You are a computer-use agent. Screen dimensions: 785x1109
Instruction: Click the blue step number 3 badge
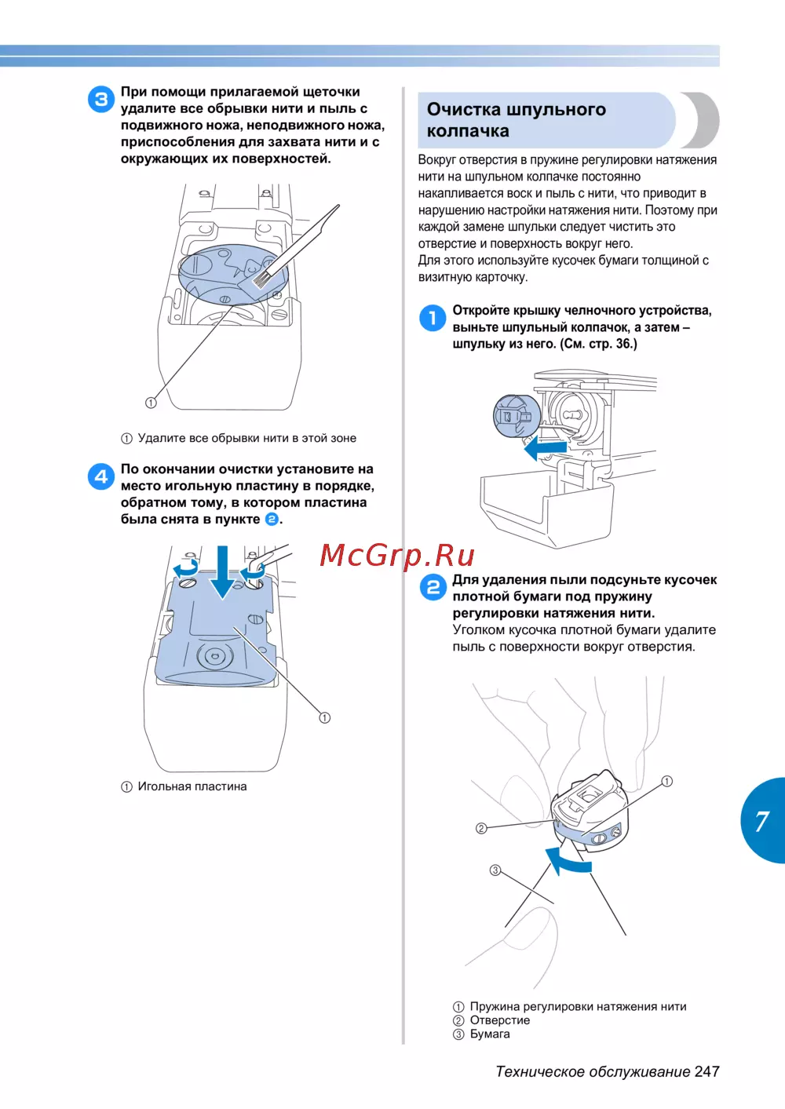(101, 100)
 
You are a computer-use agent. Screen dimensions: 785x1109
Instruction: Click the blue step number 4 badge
(101, 476)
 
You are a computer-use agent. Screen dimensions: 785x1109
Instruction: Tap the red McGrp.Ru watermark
(397, 556)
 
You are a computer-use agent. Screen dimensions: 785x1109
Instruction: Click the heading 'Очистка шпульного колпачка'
(516, 120)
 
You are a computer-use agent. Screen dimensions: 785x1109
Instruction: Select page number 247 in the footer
(706, 1072)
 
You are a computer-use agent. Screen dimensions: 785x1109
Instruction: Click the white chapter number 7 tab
(761, 822)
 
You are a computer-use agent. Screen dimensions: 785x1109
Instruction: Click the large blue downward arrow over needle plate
(222, 572)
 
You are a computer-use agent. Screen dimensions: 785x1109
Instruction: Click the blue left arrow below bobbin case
(545, 449)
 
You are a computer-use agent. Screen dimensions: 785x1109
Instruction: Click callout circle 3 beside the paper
(495, 870)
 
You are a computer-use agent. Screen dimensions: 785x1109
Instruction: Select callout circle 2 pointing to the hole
(481, 828)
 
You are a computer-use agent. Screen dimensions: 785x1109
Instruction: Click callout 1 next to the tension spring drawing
(667, 781)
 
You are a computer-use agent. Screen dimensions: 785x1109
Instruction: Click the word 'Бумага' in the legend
(489, 1034)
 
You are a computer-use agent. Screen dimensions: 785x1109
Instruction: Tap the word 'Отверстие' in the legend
(500, 1020)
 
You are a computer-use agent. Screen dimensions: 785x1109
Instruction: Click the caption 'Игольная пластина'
(192, 786)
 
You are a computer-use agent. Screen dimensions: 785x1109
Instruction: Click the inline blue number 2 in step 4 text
(272, 519)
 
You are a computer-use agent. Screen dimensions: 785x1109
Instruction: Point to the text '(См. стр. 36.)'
(598, 344)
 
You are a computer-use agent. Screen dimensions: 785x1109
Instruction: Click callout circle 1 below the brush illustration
(151, 403)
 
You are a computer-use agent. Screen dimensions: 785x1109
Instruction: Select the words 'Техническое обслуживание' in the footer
(593, 1072)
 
